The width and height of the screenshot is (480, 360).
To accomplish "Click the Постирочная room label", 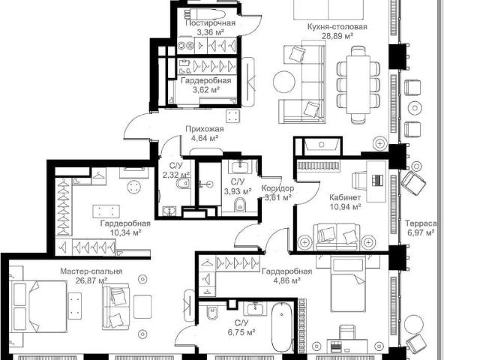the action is pyautogui.click(x=210, y=23).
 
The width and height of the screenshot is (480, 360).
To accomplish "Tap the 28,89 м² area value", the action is pyautogui.click(x=337, y=36).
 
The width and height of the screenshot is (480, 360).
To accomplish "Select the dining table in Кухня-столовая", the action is pyautogui.click(x=358, y=85).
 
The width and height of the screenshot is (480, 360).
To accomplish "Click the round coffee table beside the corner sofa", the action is pyautogui.click(x=284, y=82).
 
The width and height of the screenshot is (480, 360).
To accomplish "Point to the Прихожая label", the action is pyautogui.click(x=205, y=129).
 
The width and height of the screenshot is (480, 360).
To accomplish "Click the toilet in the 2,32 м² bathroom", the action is pyautogui.click(x=183, y=183).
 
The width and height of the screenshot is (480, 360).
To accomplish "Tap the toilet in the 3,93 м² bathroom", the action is pyautogui.click(x=239, y=205).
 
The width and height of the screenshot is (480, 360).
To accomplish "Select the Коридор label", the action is pyautogui.click(x=277, y=188).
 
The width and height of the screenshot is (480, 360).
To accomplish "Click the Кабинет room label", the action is pyautogui.click(x=345, y=197).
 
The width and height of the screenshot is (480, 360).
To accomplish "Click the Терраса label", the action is pyautogui.click(x=421, y=223).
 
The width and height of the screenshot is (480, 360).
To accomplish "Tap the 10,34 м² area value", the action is pyautogui.click(x=125, y=232).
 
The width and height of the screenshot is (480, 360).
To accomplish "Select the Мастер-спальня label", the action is pyautogui.click(x=91, y=271).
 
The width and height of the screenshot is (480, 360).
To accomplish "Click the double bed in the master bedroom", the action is pyautogui.click(x=39, y=307).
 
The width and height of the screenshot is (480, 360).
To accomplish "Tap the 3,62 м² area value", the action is pyautogui.click(x=206, y=90).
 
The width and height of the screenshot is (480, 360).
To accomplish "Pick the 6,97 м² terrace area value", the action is pyautogui.click(x=421, y=232).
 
